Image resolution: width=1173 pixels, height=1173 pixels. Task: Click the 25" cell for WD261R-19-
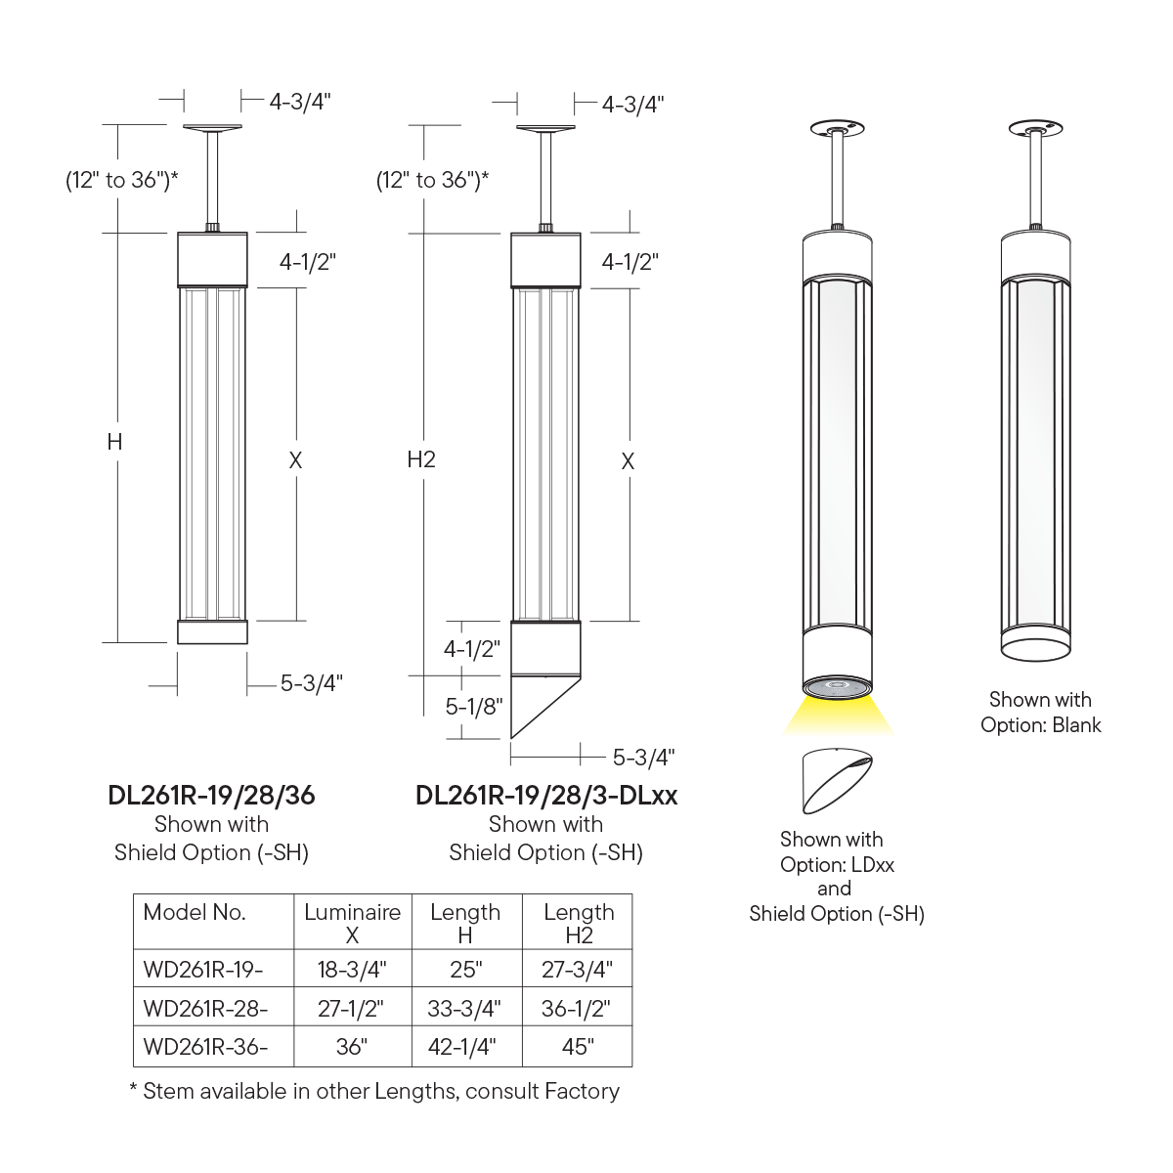466,969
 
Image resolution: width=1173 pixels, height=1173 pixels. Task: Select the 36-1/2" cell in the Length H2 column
576,1009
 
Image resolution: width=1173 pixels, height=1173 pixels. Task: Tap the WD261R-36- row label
205,1046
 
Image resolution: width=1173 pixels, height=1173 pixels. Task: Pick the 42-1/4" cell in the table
462,1046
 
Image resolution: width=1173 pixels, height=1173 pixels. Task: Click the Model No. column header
195,912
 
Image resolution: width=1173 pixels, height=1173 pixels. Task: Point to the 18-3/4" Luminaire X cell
352,969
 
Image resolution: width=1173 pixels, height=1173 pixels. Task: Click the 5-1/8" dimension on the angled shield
473,706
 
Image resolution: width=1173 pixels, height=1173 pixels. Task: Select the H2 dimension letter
421,459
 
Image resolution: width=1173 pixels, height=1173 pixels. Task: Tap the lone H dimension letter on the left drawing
115,441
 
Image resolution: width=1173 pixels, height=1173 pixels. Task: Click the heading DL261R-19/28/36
211,796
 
